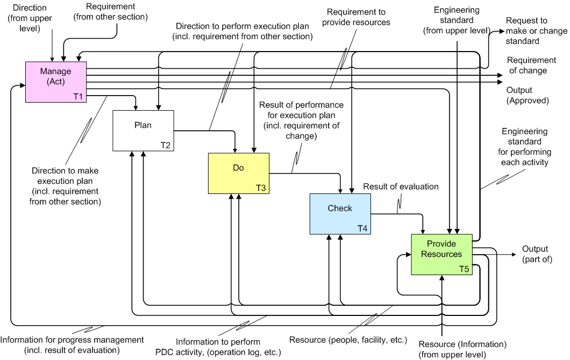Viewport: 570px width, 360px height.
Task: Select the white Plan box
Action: (x=143, y=131)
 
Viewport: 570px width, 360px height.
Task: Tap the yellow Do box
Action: (x=238, y=173)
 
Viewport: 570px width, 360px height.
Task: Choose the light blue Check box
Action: (x=340, y=214)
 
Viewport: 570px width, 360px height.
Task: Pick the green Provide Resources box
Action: (x=441, y=254)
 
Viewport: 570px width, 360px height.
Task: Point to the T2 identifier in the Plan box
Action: (x=166, y=145)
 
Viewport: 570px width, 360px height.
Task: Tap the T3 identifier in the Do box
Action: (x=261, y=188)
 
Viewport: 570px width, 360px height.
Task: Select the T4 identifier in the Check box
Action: (x=363, y=228)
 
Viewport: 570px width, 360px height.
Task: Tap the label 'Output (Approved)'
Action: (x=528, y=95)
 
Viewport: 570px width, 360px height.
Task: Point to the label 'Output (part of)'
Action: (x=535, y=254)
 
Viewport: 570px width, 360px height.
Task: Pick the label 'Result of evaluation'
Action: (x=401, y=186)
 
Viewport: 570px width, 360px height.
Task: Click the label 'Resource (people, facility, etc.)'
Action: (x=348, y=340)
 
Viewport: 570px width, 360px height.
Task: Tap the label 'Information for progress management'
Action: (x=72, y=345)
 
